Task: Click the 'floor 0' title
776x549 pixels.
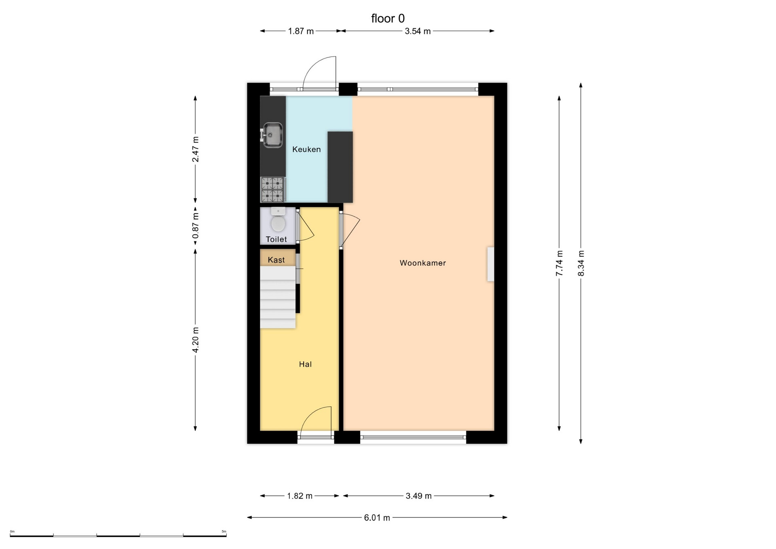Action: [x=388, y=19]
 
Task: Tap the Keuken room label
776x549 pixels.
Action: [x=306, y=150]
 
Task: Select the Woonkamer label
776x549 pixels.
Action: [x=423, y=263]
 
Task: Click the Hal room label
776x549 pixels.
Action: [x=305, y=364]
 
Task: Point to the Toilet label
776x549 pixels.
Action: [x=276, y=239]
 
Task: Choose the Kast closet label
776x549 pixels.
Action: [x=276, y=260]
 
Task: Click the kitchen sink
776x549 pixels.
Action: [x=272, y=135]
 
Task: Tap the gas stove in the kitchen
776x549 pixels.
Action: [x=273, y=190]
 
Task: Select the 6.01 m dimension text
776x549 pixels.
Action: [x=377, y=518]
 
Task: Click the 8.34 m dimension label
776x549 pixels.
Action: [x=581, y=263]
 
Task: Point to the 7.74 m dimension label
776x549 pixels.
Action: [x=559, y=263]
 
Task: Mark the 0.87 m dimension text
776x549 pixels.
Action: [x=196, y=226]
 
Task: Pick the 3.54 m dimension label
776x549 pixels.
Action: [x=418, y=31]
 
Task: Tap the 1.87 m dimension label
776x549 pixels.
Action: [x=301, y=31]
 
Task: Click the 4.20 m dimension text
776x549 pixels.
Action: [x=196, y=340]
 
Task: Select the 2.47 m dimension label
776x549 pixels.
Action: [x=196, y=149]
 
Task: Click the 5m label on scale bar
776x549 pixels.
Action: [x=224, y=532]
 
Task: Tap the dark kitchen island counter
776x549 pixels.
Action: [x=340, y=167]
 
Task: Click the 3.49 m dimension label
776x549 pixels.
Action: [x=419, y=496]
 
